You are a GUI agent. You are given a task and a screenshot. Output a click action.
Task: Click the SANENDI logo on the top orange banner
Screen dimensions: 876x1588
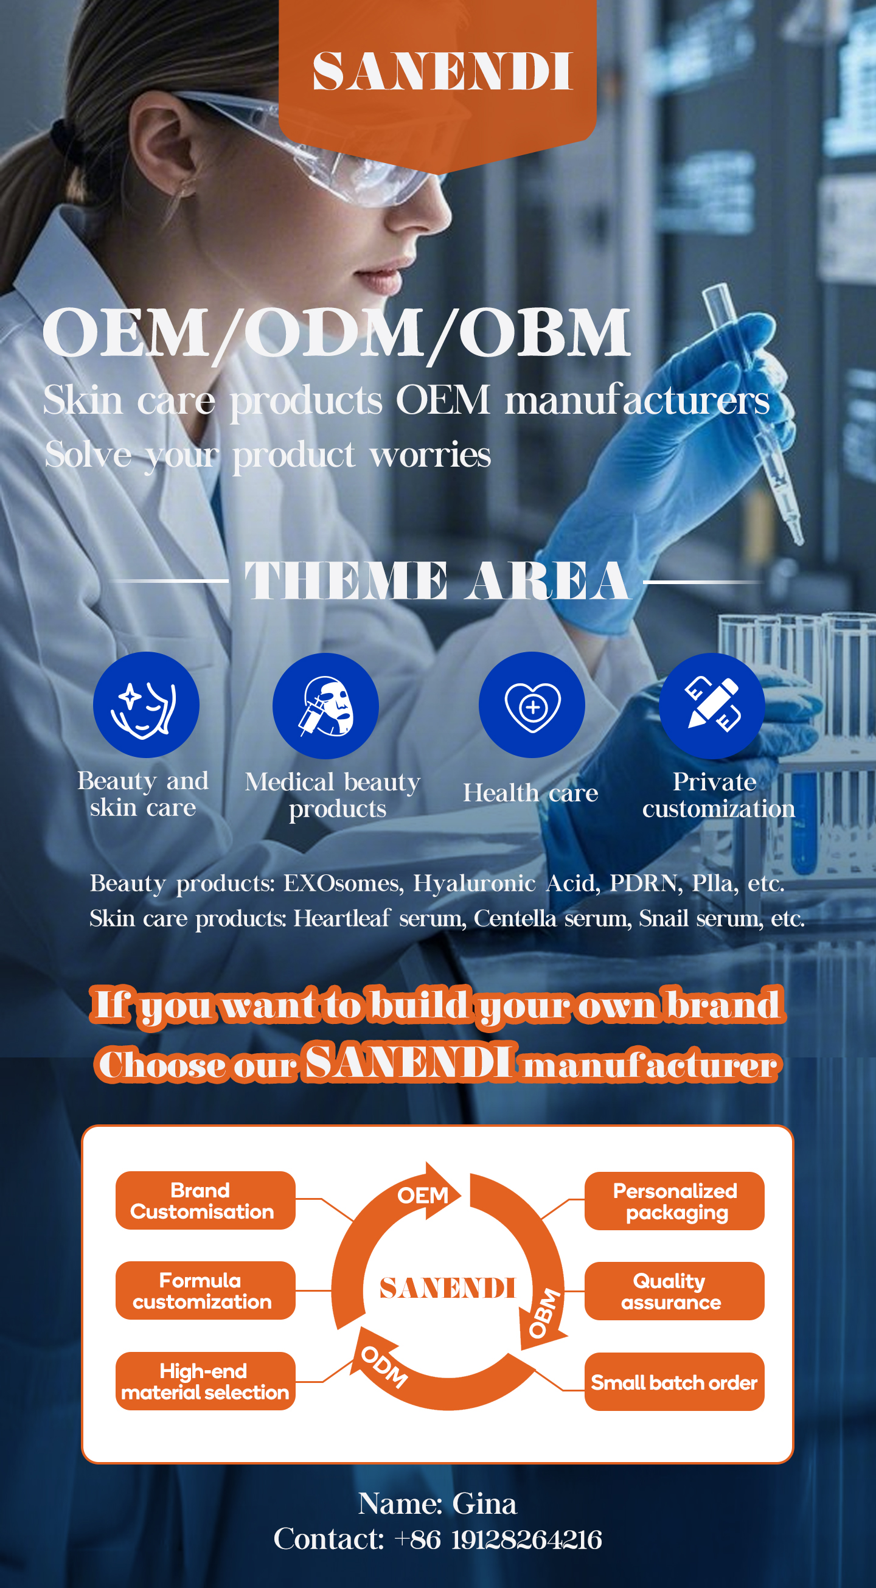tap(443, 71)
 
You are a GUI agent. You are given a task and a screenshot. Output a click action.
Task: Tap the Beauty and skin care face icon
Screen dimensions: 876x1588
tap(146, 705)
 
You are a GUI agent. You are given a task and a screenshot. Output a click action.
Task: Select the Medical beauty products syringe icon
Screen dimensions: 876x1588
tap(325, 706)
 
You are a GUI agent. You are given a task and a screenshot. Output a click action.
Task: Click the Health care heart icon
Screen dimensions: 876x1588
tap(532, 705)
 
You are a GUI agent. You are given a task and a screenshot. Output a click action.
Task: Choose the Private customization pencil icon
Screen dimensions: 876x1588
tap(712, 706)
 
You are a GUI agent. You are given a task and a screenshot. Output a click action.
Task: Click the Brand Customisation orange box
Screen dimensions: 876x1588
tap(205, 1201)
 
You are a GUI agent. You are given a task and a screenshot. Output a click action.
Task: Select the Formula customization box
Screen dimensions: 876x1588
tap(205, 1291)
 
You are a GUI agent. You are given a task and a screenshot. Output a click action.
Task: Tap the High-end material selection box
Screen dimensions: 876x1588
tap(205, 1382)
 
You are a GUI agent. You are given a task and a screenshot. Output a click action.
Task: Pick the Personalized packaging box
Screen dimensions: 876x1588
tap(675, 1202)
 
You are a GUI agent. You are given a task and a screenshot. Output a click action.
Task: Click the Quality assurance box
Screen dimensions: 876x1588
tap(675, 1292)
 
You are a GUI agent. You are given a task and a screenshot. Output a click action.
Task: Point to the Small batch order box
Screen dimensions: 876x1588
tap(675, 1382)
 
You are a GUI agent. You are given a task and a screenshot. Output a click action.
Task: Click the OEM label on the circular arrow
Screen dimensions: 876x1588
tap(423, 1196)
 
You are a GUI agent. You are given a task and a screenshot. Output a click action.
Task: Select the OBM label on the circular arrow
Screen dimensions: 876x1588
tap(545, 1312)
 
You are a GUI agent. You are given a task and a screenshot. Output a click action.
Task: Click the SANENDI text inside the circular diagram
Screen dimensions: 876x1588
tap(448, 1289)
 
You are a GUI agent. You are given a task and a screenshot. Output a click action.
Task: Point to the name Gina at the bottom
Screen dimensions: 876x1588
tap(485, 1503)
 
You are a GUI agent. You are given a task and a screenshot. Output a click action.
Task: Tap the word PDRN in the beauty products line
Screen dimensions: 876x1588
tap(645, 883)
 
